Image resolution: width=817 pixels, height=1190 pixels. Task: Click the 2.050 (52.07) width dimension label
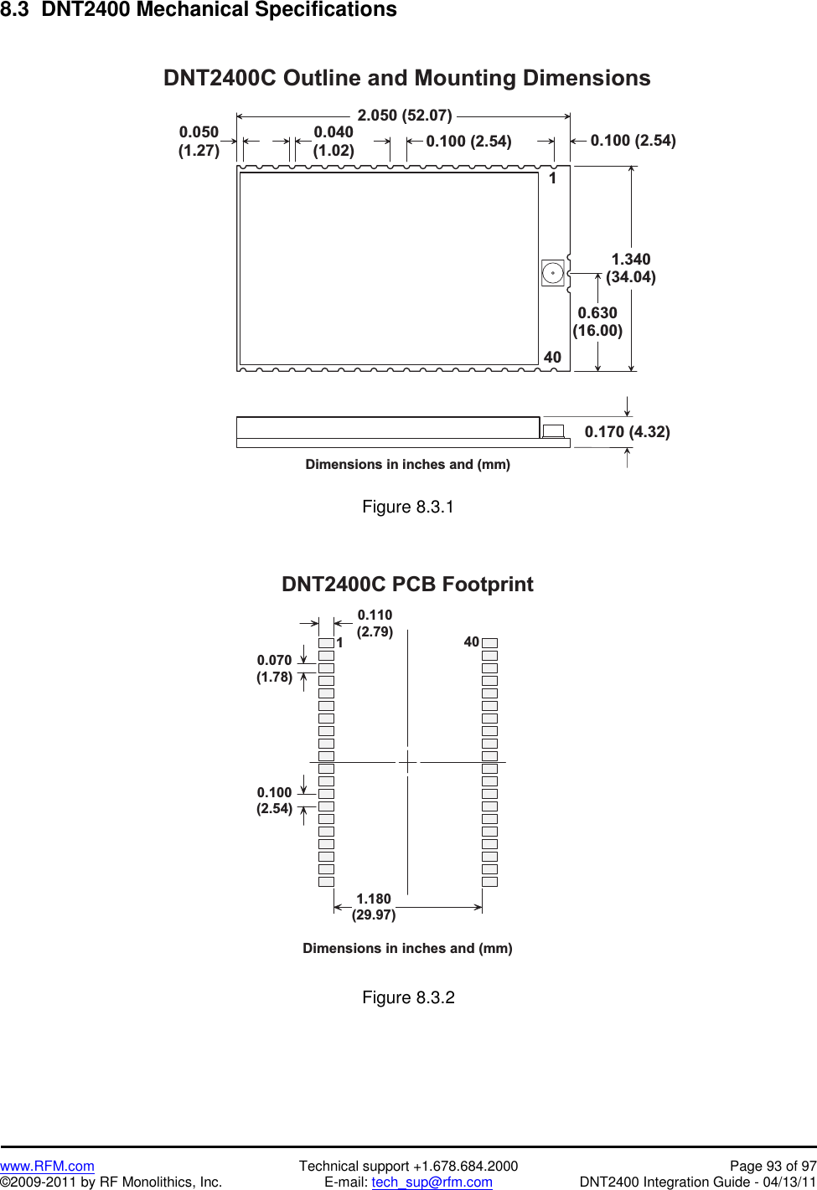coord(405,116)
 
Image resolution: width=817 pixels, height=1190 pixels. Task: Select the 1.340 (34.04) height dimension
coord(631,268)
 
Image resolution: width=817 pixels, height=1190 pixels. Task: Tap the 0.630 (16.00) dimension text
coord(597,322)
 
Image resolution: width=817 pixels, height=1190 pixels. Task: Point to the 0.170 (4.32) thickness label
coord(627,432)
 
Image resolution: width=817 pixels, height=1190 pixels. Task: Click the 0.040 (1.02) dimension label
coord(334,142)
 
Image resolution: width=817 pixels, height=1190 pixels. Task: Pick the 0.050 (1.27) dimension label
coord(199,142)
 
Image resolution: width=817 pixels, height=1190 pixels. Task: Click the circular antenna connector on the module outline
coord(553,273)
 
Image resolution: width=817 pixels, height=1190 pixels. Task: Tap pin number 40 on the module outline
coord(552,358)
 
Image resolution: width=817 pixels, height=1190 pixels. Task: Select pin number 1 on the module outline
coord(552,178)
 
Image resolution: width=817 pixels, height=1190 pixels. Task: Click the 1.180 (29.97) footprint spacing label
coord(374,907)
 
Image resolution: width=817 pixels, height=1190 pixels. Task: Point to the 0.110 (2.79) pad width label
coord(375,623)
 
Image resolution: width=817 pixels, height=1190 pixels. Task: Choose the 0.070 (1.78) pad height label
coord(274,668)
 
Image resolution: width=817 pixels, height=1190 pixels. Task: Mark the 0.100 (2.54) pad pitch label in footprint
coord(274,801)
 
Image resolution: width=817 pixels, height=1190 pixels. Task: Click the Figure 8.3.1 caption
coord(408,507)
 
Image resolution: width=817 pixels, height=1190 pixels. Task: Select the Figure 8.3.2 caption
coord(408,997)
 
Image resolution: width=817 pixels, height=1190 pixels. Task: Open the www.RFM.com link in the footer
coord(47,1166)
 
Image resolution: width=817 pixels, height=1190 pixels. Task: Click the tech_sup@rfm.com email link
coord(432,1182)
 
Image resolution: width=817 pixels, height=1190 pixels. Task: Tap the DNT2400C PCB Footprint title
coord(407,585)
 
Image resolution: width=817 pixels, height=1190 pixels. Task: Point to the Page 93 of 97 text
coord(773,1166)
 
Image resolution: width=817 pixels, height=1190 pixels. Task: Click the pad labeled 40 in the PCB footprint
coord(489,643)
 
